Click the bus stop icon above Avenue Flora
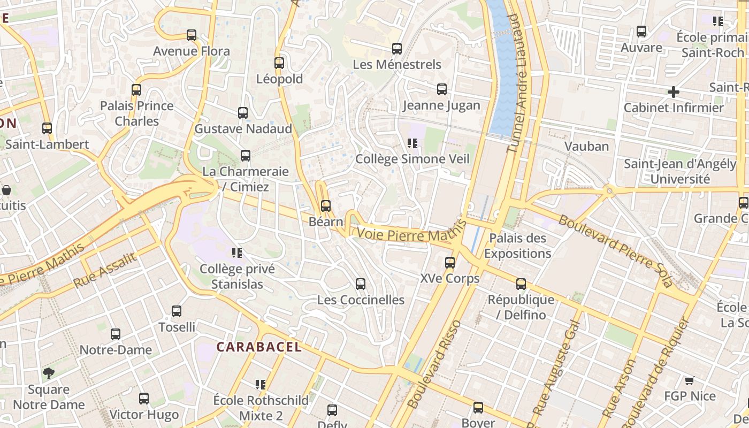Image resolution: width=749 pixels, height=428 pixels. (192, 35)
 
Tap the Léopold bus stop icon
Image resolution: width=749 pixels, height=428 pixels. (279, 63)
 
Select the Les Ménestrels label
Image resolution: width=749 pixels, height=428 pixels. (397, 65)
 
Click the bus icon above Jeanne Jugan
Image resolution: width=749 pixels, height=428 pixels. (442, 89)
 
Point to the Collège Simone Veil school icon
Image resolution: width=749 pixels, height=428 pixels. (412, 143)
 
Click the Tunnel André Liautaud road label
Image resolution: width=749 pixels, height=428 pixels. (517, 83)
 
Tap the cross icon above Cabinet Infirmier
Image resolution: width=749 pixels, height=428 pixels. (673, 92)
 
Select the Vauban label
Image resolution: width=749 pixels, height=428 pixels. (586, 146)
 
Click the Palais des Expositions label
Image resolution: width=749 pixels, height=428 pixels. (517, 246)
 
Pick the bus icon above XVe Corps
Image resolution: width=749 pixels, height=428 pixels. (450, 262)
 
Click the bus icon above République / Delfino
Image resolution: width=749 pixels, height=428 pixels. (521, 284)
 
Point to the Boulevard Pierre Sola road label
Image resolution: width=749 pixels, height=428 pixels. (615, 250)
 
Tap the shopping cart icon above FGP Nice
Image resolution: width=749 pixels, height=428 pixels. (689, 380)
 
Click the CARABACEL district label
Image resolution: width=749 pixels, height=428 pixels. (258, 347)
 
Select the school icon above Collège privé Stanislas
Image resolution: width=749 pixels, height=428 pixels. (236, 253)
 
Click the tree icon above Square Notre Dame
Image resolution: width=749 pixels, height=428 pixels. (49, 373)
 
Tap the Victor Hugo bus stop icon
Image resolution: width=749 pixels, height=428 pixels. (143, 398)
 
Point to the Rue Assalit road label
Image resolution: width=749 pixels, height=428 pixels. (105, 270)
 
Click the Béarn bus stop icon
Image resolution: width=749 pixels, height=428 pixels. (325, 205)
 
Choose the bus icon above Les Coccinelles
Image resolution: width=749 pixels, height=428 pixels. (361, 284)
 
